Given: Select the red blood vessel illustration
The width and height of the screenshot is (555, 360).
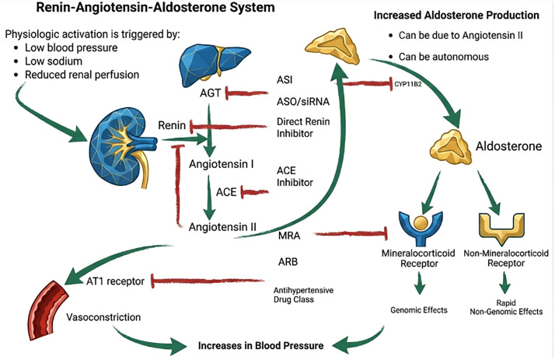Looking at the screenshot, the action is (x=47, y=309).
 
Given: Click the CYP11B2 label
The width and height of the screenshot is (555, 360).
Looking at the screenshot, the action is (x=408, y=84).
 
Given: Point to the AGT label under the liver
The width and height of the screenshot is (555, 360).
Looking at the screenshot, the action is (x=210, y=93).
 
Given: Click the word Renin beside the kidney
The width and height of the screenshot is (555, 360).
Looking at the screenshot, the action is (x=172, y=125).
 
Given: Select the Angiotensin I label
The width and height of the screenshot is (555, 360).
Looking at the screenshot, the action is (x=222, y=164).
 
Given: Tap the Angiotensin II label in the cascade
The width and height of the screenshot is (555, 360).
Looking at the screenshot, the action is (x=222, y=226).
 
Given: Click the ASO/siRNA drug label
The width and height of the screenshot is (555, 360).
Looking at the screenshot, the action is (x=303, y=102).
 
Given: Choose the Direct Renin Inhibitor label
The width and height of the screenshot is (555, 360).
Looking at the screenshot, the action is (x=303, y=128).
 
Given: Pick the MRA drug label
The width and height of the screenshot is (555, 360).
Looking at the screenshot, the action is (x=289, y=235).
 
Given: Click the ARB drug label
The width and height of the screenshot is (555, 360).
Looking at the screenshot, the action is (x=288, y=262).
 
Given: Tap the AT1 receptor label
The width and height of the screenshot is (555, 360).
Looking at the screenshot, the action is (x=115, y=281).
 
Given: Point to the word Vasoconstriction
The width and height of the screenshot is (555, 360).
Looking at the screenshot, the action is (x=103, y=316).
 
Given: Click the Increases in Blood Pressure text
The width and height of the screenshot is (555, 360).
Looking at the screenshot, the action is (x=261, y=345).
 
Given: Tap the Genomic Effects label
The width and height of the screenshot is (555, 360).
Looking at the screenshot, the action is (x=419, y=310).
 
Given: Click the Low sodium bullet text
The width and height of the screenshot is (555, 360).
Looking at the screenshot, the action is (x=54, y=61).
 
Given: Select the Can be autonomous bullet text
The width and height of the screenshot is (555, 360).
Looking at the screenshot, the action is (x=444, y=57).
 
